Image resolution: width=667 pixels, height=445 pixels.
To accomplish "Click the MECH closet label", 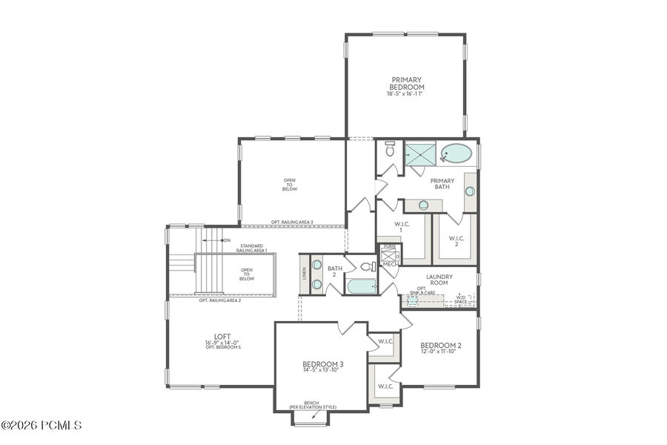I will point(390,263).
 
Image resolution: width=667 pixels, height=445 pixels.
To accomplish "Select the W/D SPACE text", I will point(461,300).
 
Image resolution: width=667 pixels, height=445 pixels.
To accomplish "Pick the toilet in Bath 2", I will point(366,266).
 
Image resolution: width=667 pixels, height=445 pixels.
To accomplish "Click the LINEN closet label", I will point(304,274).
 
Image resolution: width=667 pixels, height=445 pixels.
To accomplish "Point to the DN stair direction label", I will point(227,240).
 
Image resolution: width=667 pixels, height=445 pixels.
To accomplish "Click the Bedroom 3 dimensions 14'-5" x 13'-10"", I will point(322,370).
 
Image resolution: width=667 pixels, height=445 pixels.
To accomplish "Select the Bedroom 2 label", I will point(441,346).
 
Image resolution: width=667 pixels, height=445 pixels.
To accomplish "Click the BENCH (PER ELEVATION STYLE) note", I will point(312,405).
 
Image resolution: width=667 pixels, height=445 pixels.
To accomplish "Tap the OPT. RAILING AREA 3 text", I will point(292,222).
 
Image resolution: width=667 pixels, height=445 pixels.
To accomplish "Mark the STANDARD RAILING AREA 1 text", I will point(252,248).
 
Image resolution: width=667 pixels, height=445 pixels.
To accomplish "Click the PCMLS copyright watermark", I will point(42,426).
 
